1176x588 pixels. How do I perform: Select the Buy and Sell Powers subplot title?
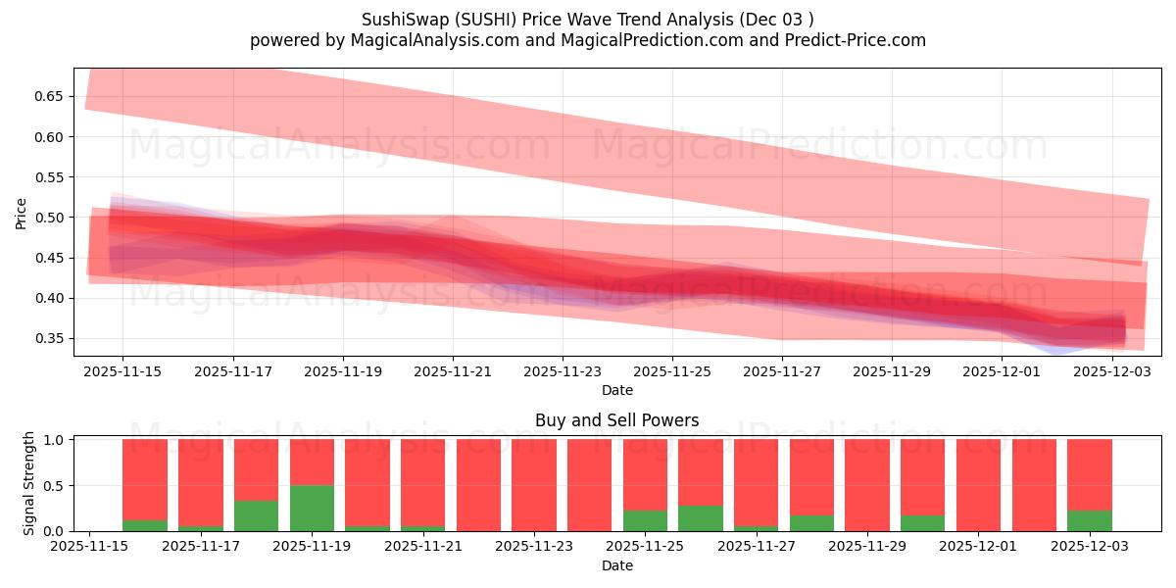click(x=616, y=420)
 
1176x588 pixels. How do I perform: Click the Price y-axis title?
click(x=22, y=213)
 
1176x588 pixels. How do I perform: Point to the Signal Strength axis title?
click(x=29, y=483)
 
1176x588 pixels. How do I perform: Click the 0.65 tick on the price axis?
click(x=48, y=96)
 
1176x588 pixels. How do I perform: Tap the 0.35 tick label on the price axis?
click(x=48, y=338)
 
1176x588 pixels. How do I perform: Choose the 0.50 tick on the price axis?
click(x=48, y=218)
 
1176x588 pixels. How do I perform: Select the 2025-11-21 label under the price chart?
click(x=452, y=372)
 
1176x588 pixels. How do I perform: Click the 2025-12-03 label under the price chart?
click(x=1111, y=372)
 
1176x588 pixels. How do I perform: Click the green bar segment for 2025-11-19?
click(x=312, y=508)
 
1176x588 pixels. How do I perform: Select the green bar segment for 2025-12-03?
click(x=1090, y=520)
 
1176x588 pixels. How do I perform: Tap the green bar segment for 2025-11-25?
click(x=645, y=520)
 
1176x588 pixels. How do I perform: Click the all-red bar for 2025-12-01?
click(x=978, y=485)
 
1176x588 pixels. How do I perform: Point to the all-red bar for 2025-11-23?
click(x=534, y=485)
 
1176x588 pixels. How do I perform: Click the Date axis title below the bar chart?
click(x=616, y=565)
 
